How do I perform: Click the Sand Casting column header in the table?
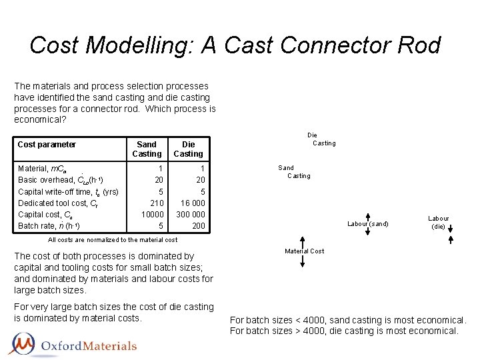click(x=147, y=149)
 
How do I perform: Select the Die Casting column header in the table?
click(x=188, y=149)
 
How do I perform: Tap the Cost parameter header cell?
click(x=47, y=145)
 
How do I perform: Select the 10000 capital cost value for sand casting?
click(x=151, y=215)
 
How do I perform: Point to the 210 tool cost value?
click(x=157, y=203)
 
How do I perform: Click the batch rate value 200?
click(x=198, y=227)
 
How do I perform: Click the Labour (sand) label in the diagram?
click(x=367, y=223)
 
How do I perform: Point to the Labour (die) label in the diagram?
click(x=438, y=223)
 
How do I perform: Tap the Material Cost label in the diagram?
click(x=304, y=251)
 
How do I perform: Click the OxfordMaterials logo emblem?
click(x=24, y=345)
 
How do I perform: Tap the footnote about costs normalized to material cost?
click(x=113, y=240)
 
